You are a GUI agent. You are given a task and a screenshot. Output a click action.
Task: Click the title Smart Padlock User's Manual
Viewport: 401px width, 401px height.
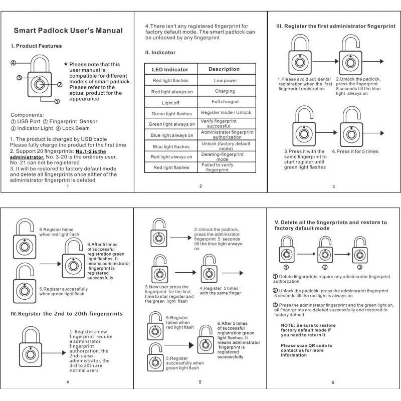(x=68, y=31)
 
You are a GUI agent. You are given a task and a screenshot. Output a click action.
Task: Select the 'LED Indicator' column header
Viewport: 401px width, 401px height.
(x=170, y=69)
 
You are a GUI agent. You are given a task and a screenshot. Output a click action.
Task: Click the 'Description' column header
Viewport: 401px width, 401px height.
(x=224, y=69)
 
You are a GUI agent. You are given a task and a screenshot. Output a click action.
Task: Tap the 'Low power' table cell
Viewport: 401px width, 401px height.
(x=225, y=80)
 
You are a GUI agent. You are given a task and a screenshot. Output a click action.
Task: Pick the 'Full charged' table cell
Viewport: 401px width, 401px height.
(x=225, y=102)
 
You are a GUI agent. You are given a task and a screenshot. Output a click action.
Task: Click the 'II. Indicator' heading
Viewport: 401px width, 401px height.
(x=160, y=52)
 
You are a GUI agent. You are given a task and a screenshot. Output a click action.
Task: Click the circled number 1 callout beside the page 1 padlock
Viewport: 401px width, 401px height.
(x=57, y=101)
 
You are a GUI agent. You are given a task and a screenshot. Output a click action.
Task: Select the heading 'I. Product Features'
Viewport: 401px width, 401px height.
(x=37, y=46)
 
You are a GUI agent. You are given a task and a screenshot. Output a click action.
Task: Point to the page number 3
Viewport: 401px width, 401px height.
(x=333, y=187)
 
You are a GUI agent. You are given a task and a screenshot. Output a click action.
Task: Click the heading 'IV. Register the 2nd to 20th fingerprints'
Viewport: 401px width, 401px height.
(x=67, y=314)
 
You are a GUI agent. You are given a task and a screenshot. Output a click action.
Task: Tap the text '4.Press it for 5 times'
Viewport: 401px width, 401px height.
(x=358, y=151)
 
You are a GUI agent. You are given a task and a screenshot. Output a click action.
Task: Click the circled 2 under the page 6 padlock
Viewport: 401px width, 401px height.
(x=325, y=267)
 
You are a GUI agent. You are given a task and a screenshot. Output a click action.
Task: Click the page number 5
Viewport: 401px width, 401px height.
(x=200, y=382)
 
